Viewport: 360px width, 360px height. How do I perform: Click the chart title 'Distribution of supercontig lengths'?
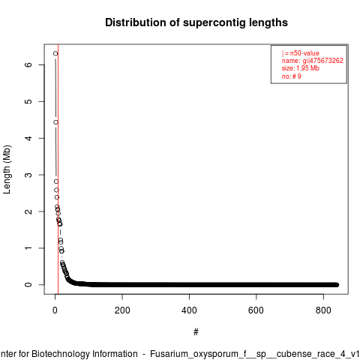tap(196, 22)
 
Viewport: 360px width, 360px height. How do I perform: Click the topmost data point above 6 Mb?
tap(55, 53)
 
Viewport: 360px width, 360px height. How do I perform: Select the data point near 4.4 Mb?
tap(55, 122)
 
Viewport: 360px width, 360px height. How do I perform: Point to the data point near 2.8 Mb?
tap(56, 181)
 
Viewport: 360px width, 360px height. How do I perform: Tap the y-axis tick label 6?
tap(28, 64)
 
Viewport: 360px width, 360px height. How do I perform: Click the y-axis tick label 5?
tap(28, 101)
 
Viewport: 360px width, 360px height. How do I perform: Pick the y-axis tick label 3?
tap(28, 175)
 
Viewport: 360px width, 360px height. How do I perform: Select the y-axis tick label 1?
tap(28, 248)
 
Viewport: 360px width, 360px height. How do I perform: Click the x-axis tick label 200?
tap(122, 310)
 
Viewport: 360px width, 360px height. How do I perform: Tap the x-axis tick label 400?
tap(189, 310)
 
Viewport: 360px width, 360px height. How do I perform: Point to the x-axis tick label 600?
tap(256, 310)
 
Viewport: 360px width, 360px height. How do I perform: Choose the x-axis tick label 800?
tap(323, 310)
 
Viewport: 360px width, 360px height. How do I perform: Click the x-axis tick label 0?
tap(55, 310)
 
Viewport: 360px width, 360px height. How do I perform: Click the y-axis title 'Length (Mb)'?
tap(7, 169)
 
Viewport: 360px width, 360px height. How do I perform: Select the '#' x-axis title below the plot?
tap(196, 332)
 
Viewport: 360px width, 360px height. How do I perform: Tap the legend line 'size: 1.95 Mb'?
tap(301, 68)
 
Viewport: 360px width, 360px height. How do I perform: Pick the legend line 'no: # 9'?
tap(292, 76)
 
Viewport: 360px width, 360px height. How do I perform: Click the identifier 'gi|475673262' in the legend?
tap(323, 61)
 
